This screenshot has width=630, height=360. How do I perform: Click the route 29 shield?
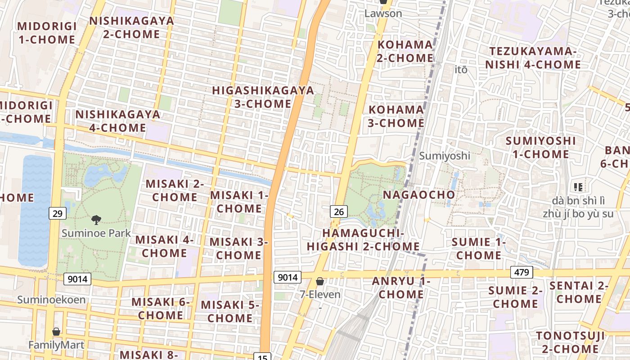click(x=57, y=213)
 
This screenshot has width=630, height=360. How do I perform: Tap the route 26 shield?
click(x=339, y=211)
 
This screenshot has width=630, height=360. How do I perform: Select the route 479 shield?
click(x=522, y=272)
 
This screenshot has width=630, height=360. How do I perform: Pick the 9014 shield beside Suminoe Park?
click(x=77, y=279)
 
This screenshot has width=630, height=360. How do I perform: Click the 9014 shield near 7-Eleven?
click(x=287, y=277)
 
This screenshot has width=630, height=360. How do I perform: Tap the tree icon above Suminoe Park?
click(x=96, y=220)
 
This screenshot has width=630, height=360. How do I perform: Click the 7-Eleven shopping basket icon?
click(x=320, y=282)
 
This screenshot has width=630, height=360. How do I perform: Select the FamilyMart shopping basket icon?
click(x=56, y=332)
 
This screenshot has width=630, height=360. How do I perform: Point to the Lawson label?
click(x=383, y=13)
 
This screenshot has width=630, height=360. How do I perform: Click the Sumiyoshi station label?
click(x=445, y=156)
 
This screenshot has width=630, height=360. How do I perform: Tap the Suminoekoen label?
click(x=51, y=300)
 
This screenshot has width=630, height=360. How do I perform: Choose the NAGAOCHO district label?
click(x=419, y=195)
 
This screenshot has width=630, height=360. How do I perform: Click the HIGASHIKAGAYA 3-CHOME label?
click(x=263, y=97)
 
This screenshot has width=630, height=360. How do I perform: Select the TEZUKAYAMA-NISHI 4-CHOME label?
click(x=533, y=58)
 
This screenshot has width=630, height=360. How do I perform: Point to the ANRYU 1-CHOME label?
click(x=401, y=288)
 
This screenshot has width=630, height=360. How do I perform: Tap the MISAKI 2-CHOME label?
click(x=175, y=190)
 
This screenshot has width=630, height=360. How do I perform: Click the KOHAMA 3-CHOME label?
click(x=396, y=116)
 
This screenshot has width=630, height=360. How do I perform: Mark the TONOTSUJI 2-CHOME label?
click(x=570, y=342)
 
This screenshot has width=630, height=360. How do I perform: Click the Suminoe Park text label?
click(x=96, y=233)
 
